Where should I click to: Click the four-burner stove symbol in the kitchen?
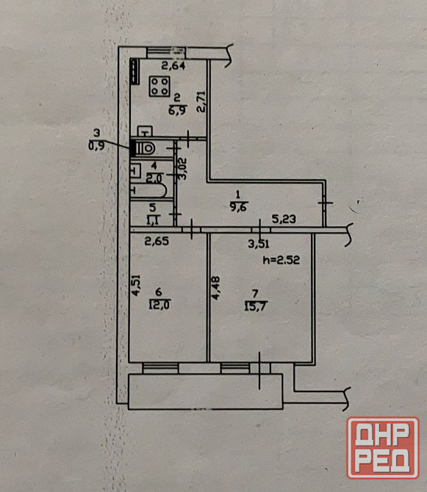coord(159,87)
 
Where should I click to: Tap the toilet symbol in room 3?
coord(145,148)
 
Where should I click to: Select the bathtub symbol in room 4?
coord(148,190)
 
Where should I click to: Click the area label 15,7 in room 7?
coord(256,306)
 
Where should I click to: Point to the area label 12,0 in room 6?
coord(159,304)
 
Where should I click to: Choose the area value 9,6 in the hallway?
coord(239,207)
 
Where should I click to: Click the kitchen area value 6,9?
coord(178,110)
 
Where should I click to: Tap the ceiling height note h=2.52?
coord(281,260)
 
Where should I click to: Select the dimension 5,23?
coord(284,219)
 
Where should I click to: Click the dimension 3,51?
coord(259,244)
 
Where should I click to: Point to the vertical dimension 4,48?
coord(215,288)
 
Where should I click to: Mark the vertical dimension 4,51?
coord(136,285)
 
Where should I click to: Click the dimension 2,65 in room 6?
coord(157,241)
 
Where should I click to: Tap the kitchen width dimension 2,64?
coord(173,65)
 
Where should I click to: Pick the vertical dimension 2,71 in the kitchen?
coord(201,101)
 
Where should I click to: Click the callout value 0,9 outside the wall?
coord(96,146)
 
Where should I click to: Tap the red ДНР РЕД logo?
coord(383,448)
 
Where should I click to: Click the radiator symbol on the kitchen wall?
coord(135,71)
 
